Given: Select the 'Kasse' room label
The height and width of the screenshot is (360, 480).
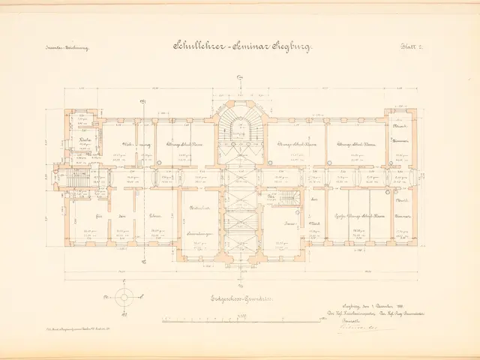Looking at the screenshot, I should click(289, 224).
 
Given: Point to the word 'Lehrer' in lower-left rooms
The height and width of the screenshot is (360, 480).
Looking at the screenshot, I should click(154, 215).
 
